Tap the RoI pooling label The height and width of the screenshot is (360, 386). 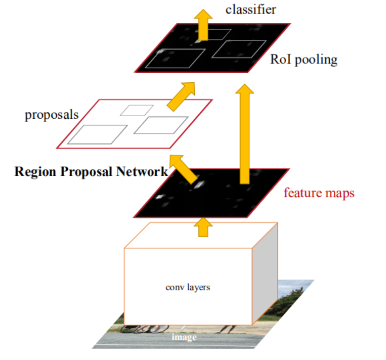[304, 60]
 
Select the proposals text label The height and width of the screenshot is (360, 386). [51, 115]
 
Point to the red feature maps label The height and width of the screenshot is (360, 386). [319, 193]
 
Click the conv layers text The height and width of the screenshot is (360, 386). [188, 287]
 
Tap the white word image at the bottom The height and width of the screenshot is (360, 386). [184, 337]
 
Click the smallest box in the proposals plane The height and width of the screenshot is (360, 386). [137, 110]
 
